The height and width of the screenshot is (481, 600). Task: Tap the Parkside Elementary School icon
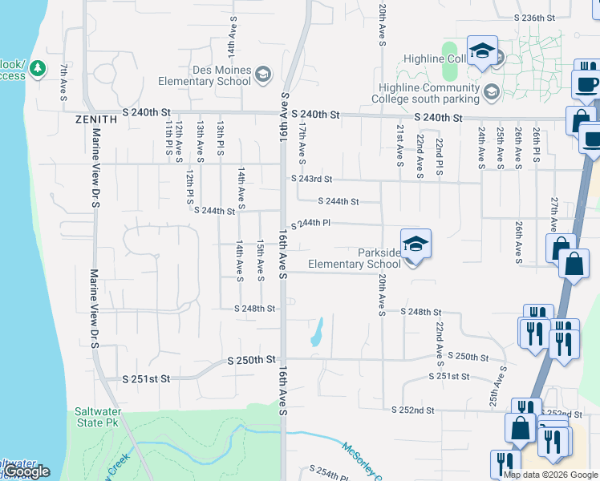[x=416, y=244]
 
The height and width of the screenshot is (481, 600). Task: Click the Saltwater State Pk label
[x=98, y=416]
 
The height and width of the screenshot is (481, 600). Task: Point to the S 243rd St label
[x=311, y=180]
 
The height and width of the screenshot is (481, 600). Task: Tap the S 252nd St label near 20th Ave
[x=413, y=410]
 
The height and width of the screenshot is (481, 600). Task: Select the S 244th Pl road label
[x=310, y=224]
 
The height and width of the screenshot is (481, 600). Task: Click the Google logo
[x=26, y=471]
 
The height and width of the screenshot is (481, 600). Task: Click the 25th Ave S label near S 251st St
[x=502, y=385]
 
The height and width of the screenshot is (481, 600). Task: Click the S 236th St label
[x=535, y=18]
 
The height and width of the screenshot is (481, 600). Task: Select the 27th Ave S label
[x=553, y=209]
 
